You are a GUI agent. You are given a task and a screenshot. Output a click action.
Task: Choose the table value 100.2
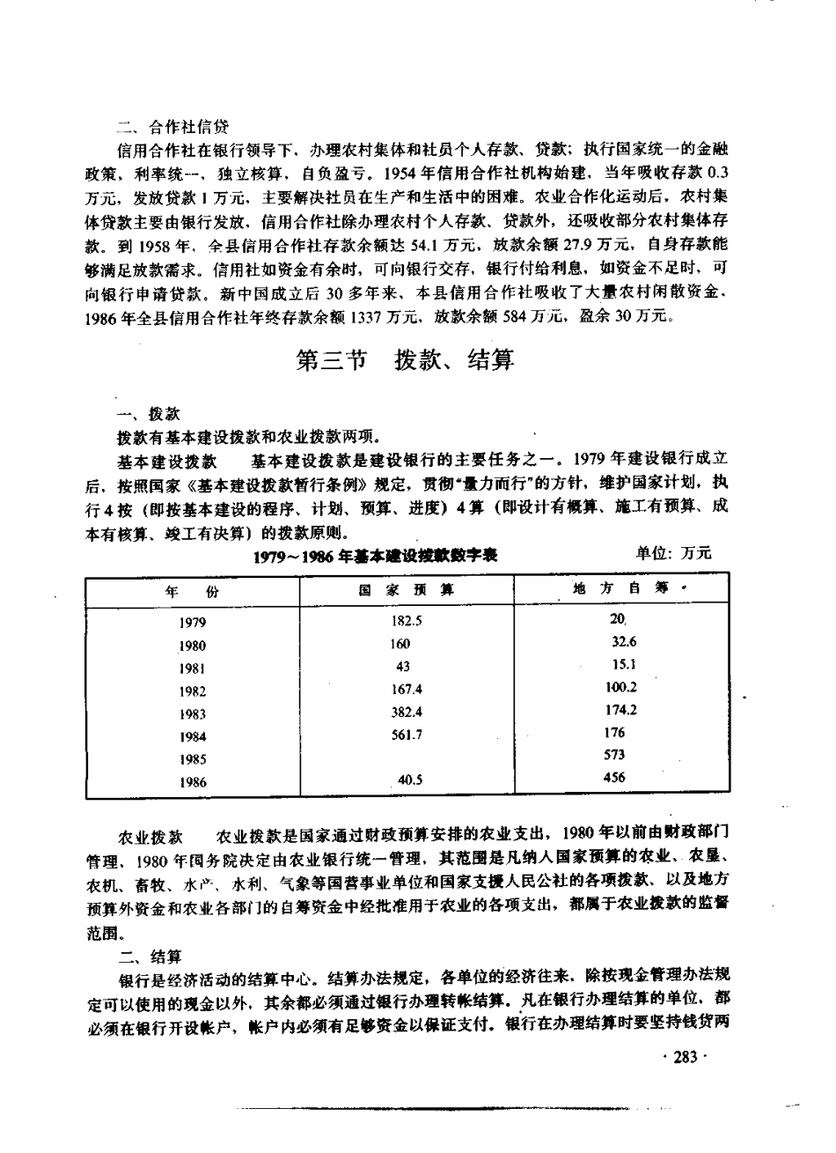click(x=621, y=688)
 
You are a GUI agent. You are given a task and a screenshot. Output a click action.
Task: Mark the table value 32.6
click(x=622, y=642)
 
